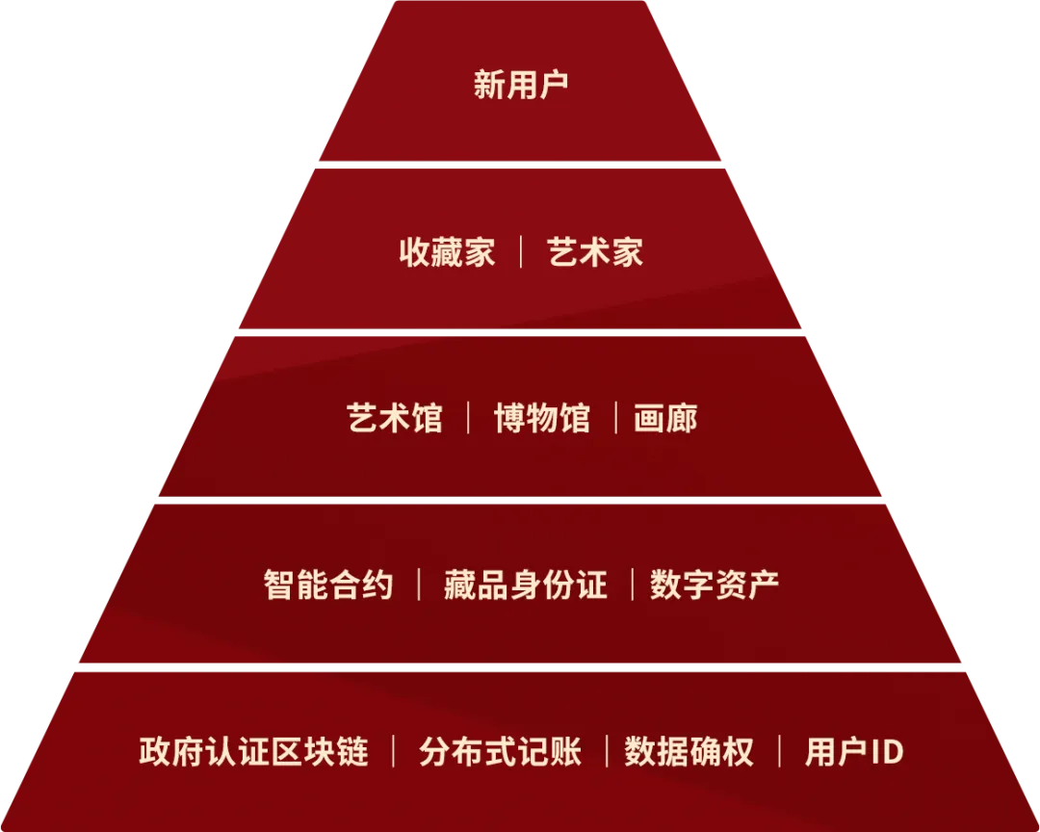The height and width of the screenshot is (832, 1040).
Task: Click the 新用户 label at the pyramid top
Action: click(521, 85)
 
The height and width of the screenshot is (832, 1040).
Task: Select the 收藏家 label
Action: click(447, 252)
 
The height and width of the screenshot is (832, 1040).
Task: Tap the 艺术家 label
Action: click(595, 252)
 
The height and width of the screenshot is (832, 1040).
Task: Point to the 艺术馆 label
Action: click(395, 418)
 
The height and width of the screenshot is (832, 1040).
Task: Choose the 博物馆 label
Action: click(542, 418)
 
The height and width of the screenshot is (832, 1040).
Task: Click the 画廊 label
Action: click(665, 418)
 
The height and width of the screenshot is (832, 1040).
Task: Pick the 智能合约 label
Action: click(328, 585)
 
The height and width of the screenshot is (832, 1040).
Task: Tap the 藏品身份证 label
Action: click(526, 585)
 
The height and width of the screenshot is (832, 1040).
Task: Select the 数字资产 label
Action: click(715, 585)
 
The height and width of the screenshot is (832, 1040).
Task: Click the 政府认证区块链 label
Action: click(253, 752)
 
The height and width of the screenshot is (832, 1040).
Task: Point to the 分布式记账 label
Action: click(500, 752)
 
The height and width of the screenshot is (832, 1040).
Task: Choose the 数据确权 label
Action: click(689, 752)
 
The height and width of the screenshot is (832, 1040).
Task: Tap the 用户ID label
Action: click(854, 752)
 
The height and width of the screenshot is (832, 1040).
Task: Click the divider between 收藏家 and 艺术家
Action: click(521, 252)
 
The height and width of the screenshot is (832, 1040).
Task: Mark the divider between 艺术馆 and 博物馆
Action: click(469, 418)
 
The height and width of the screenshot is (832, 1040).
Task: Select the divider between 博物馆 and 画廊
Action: click(616, 418)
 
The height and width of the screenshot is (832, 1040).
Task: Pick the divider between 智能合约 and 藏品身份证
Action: click(419, 585)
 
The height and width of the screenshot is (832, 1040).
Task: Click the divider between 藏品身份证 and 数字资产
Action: click(632, 585)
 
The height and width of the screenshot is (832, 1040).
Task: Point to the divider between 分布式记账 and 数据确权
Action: click(607, 752)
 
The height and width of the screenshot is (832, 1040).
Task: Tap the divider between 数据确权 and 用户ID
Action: click(779, 752)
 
